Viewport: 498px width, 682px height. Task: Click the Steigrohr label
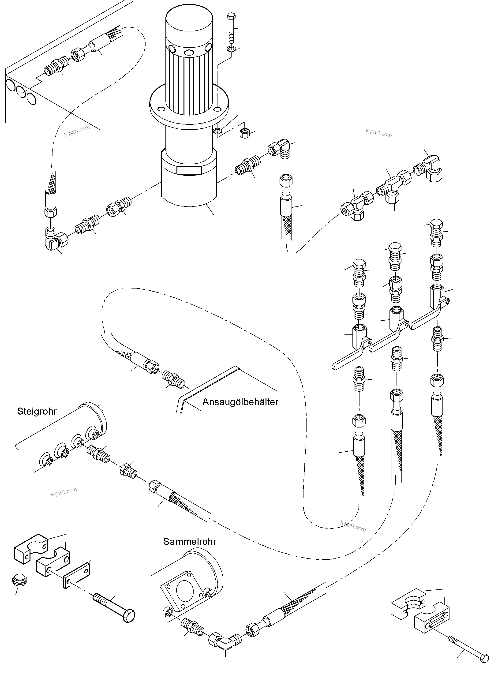click(37, 411)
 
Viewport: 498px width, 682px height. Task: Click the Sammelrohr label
click(190, 542)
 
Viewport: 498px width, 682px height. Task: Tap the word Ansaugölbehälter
click(240, 402)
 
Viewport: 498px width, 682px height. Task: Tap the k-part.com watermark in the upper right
click(379, 133)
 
